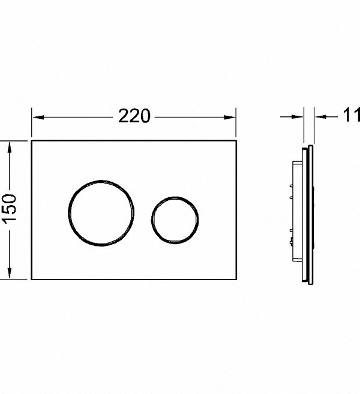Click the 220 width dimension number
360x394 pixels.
[x=134, y=116]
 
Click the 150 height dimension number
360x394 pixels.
[x=10, y=207]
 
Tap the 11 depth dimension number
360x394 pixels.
[x=352, y=115]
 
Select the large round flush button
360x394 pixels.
[x=101, y=213]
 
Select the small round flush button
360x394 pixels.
[x=175, y=220]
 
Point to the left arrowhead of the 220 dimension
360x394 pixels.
[x=38, y=117]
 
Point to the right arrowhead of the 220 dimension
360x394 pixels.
[x=230, y=117]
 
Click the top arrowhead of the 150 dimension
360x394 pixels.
[x=10, y=148]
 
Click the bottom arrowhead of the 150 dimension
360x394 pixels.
[x=10, y=273]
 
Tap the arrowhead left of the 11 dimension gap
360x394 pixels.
[x=298, y=116]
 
